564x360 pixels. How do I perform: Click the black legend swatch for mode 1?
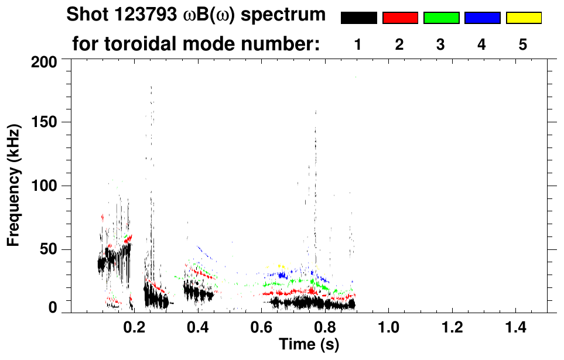point(358,18)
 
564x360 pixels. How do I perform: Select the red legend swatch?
point(400,18)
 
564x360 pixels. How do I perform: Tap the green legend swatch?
point(441,18)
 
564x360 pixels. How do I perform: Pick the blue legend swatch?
point(482,18)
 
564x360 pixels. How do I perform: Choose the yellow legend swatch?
point(524,18)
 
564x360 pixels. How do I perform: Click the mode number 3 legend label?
point(440,44)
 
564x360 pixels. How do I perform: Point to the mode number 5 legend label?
point(523,44)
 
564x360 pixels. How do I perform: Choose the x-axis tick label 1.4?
point(516,327)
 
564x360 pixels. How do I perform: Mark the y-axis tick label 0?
point(53,308)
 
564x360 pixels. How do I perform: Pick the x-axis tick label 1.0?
point(389,327)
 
